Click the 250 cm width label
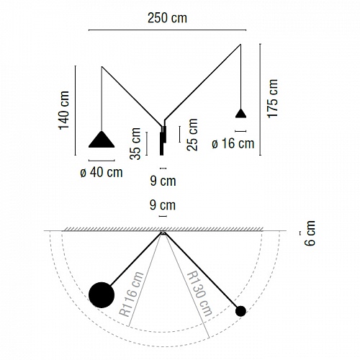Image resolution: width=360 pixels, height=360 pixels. click(x=167, y=18)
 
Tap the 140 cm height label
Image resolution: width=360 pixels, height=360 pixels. click(x=64, y=110)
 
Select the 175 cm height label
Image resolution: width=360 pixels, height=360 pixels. click(x=273, y=99)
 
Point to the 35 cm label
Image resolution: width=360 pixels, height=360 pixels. click(x=135, y=143)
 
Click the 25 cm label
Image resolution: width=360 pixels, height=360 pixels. click(x=192, y=135)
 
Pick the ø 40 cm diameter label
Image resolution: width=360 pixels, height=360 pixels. click(x=102, y=172)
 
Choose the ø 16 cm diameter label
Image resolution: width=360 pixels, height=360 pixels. click(x=233, y=143)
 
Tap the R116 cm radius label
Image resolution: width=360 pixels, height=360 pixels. click(x=131, y=294)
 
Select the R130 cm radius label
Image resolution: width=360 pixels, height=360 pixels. click(x=199, y=294)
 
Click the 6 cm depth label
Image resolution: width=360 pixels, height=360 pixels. click(x=310, y=233)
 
